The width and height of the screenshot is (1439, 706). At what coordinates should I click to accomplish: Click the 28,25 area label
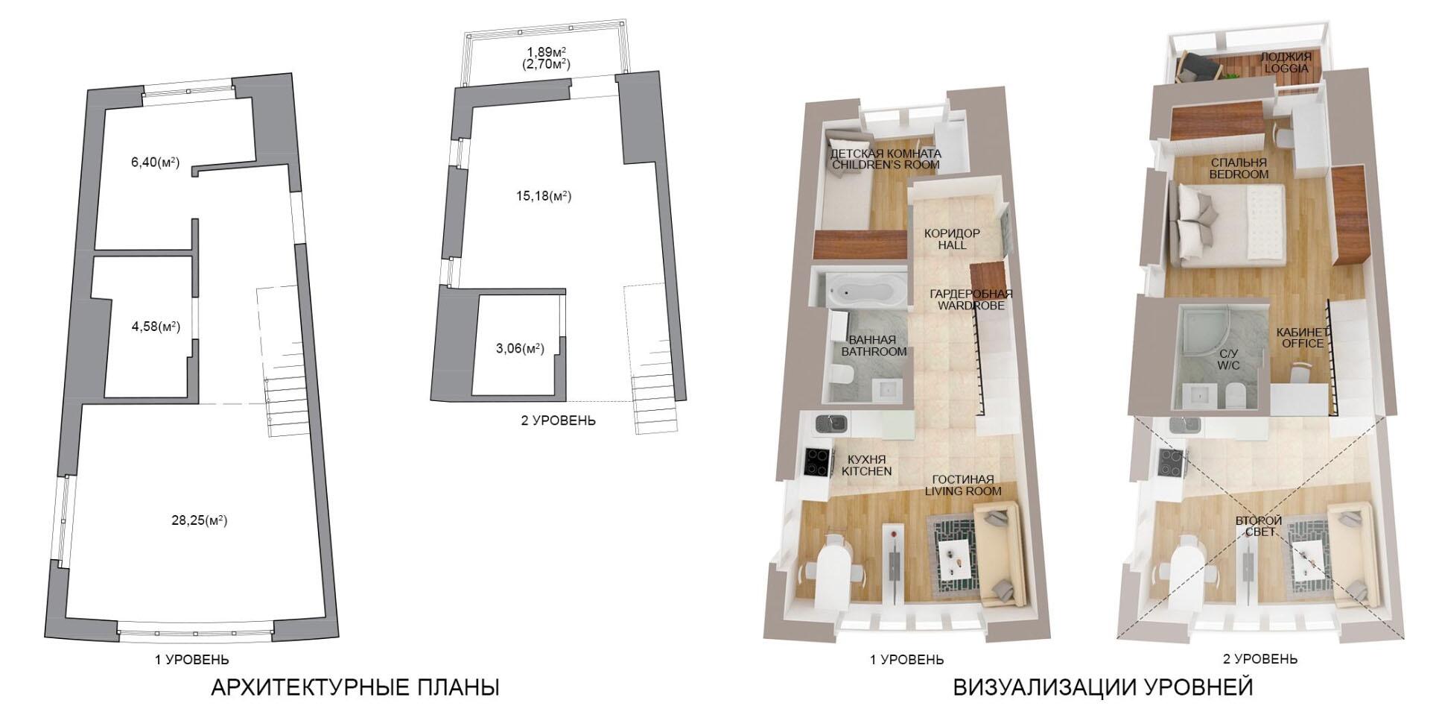[x=199, y=520]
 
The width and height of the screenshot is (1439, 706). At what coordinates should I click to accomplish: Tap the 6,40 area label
[x=155, y=162]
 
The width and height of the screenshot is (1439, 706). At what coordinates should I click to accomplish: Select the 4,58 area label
[x=156, y=326]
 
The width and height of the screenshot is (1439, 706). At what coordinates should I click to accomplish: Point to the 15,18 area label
[x=544, y=196]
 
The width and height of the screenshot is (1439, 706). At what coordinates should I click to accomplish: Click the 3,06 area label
[x=520, y=348]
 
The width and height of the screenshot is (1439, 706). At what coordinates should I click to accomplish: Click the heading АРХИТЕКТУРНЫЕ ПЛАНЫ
[x=355, y=687]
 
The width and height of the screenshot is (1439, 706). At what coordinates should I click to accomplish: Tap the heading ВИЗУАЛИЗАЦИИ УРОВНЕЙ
[x=1103, y=687]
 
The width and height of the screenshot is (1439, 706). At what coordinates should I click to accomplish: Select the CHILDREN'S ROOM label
[x=886, y=165]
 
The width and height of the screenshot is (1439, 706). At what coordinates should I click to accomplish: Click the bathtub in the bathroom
[x=865, y=289]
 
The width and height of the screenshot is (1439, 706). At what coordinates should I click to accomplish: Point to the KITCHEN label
[x=866, y=471]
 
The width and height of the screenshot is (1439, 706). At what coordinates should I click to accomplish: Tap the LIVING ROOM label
[x=963, y=491]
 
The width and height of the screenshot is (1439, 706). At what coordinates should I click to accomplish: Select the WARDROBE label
[x=971, y=306]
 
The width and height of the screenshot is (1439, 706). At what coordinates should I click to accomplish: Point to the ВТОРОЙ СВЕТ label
[x=1259, y=526]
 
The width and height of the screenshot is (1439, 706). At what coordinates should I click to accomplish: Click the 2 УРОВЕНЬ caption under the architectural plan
[x=558, y=420]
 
